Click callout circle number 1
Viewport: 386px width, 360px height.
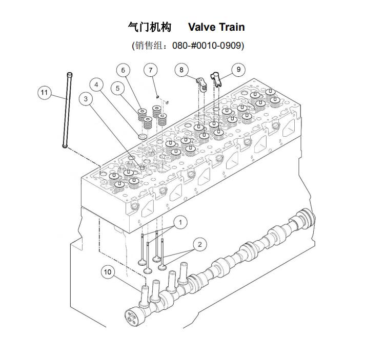180,222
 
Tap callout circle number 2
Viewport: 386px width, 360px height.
199,244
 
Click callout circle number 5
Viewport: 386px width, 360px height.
118,88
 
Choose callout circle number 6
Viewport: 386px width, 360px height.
123,70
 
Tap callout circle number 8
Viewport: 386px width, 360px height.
181,69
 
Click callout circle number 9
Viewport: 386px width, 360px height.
237,69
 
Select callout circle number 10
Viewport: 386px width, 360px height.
107,272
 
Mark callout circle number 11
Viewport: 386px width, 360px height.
45,92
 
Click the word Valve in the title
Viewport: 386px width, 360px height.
201,27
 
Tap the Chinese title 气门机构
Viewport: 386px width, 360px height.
149,27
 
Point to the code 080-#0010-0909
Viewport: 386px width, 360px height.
207,45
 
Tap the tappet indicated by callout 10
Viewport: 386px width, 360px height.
144,294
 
